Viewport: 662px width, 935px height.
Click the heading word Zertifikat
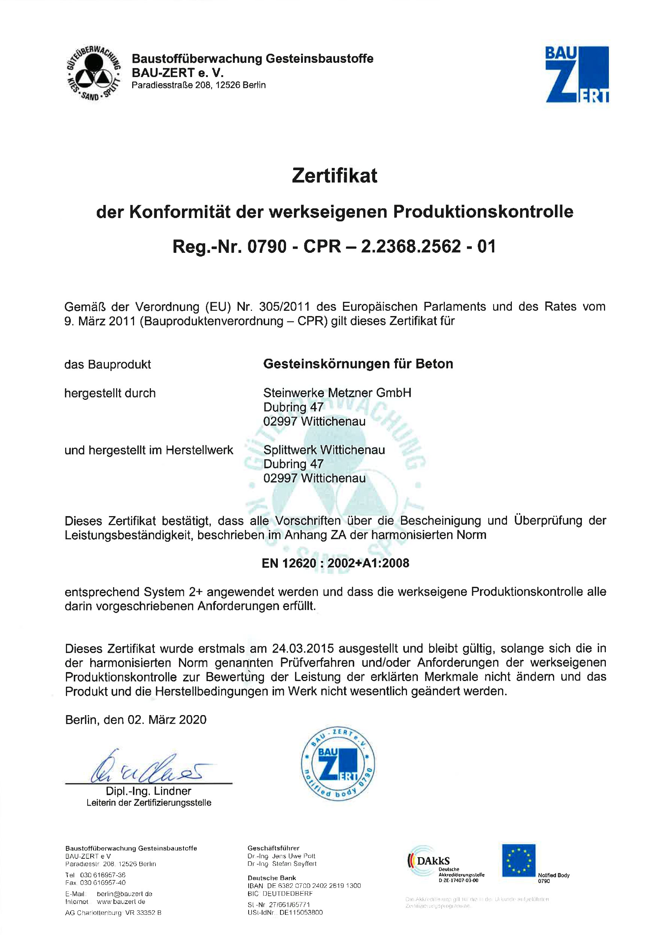[x=334, y=176]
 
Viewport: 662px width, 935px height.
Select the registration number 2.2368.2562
[x=411, y=247]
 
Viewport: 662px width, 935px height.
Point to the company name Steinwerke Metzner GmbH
[x=337, y=393]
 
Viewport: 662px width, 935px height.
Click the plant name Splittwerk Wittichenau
[x=324, y=450]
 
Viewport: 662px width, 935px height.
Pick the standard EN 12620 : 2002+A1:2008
[x=335, y=563]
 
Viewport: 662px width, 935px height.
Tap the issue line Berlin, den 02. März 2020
[x=136, y=720]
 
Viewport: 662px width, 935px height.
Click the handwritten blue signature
[x=147, y=767]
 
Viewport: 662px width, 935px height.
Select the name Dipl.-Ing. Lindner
[x=148, y=791]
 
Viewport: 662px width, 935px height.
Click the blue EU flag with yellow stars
[x=519, y=861]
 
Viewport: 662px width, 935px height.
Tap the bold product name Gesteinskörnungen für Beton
[x=358, y=364]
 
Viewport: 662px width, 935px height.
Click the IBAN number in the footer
[x=304, y=886]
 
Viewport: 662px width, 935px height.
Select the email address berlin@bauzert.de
[x=124, y=894]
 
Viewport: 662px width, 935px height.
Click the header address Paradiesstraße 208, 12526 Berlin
[x=198, y=85]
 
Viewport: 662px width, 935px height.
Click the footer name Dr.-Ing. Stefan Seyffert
[x=282, y=864]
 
